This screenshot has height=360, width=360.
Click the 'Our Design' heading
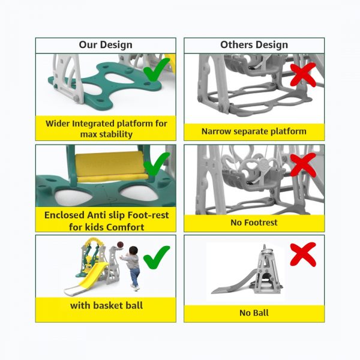tap(106, 45)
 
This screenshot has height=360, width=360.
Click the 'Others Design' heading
tap(254, 45)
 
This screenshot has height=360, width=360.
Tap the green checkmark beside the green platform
tap(157, 69)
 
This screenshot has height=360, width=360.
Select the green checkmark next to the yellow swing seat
tap(157, 164)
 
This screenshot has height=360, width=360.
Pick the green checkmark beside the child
tap(157, 257)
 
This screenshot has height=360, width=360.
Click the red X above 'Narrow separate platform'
tap(303, 75)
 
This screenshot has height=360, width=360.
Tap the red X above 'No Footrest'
tap(303, 165)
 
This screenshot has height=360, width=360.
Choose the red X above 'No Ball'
tap(303, 254)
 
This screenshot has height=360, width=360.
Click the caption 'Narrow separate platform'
tap(254, 131)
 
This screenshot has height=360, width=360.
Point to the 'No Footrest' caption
tap(254, 223)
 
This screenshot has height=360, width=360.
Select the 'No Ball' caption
tap(254, 313)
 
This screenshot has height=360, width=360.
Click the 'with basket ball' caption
tap(107, 305)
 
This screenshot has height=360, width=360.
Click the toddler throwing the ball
tap(132, 268)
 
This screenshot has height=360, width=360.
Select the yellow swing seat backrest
tap(110, 164)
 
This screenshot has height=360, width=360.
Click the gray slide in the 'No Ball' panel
tap(233, 282)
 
